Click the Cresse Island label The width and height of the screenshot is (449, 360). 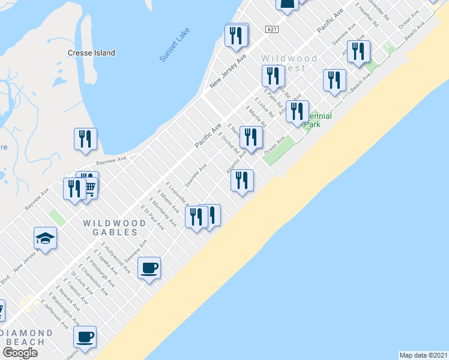click(91, 53)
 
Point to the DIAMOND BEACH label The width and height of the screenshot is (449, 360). click(26, 337)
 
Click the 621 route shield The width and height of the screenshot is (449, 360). click(273, 29)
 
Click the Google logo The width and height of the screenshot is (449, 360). click(20, 353)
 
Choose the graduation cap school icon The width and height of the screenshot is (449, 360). click(45, 238)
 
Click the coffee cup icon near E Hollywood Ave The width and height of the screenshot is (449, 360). click(149, 268)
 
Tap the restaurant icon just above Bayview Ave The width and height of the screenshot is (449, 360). click(85, 139)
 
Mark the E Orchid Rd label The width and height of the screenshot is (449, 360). click(229, 143)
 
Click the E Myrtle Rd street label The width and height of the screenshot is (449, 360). click(257, 116)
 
